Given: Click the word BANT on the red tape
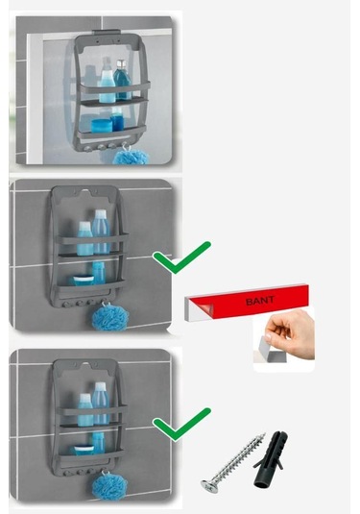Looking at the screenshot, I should (x=258, y=301).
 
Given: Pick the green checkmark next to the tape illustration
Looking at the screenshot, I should (x=180, y=257).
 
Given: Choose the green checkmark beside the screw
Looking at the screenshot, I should (x=180, y=420).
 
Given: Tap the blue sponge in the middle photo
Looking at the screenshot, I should (x=104, y=314).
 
